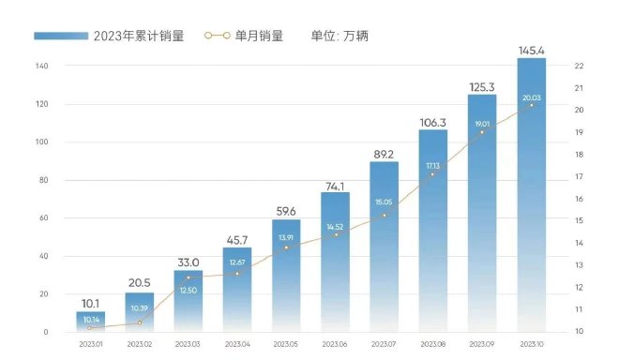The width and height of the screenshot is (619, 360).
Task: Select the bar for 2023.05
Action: coord(286,276)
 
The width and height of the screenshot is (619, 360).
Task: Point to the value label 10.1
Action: coord(91,302)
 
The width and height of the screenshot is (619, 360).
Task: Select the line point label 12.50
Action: coord(189,290)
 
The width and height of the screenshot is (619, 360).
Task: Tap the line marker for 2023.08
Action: coord(433,174)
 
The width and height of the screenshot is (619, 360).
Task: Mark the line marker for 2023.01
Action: coord(91,327)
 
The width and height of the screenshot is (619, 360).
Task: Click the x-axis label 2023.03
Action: coord(189,345)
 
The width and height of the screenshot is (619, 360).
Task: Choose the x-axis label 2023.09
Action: coord(482,345)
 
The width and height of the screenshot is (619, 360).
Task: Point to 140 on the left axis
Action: coord(42,67)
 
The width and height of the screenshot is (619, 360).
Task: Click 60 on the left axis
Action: coord(44,218)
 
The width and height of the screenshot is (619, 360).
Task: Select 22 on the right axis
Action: coord(580,66)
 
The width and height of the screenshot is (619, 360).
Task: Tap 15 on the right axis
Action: coord(580,220)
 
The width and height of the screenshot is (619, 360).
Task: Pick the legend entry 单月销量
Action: coord(262,37)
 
